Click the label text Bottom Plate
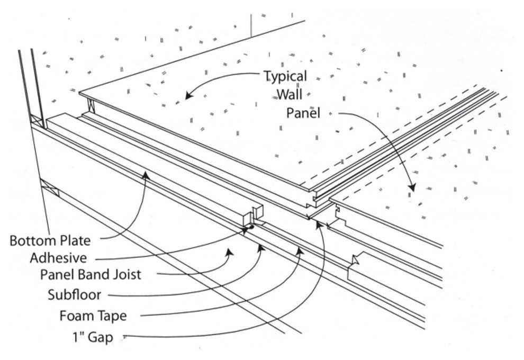pyautogui.click(x=50, y=240)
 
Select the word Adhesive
pyautogui.click(x=58, y=258)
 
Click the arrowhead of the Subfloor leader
pyautogui.click(x=260, y=246)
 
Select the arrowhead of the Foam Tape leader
pyautogui.click(x=300, y=249)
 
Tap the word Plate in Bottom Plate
pyautogui.click(x=75, y=240)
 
